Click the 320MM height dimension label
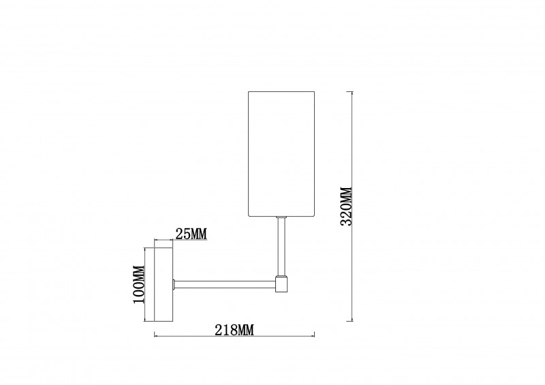pyautogui.click(x=347, y=206)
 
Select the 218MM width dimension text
pyautogui.click(x=234, y=330)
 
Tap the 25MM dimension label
pyautogui.click(x=191, y=234)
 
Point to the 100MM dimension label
pyautogui.click(x=139, y=284)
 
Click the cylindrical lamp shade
pyautogui.click(x=281, y=154)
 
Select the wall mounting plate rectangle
pyautogui.click(x=163, y=284)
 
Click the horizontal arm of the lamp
pyautogui.click(x=225, y=284)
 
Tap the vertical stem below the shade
pyautogui.click(x=281, y=247)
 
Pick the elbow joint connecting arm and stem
pyautogui.click(x=281, y=283)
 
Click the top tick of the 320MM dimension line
pyautogui.click(x=352, y=92)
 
